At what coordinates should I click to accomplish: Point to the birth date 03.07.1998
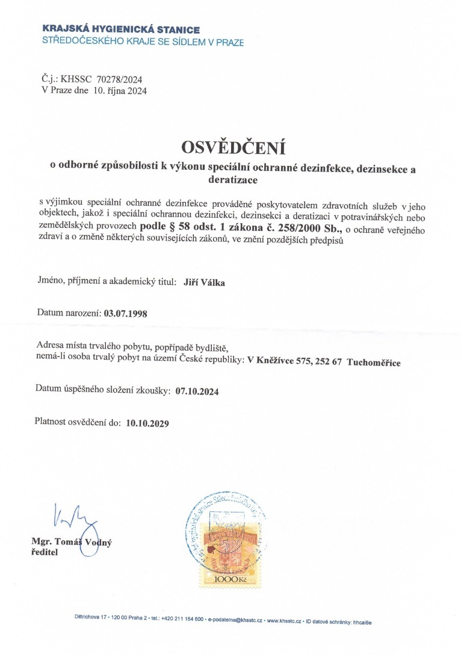126,313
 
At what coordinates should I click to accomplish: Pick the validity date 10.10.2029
148,423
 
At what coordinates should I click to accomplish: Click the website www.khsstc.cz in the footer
283,620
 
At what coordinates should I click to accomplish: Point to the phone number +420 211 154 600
182,620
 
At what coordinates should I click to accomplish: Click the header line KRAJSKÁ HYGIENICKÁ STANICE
122,29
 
